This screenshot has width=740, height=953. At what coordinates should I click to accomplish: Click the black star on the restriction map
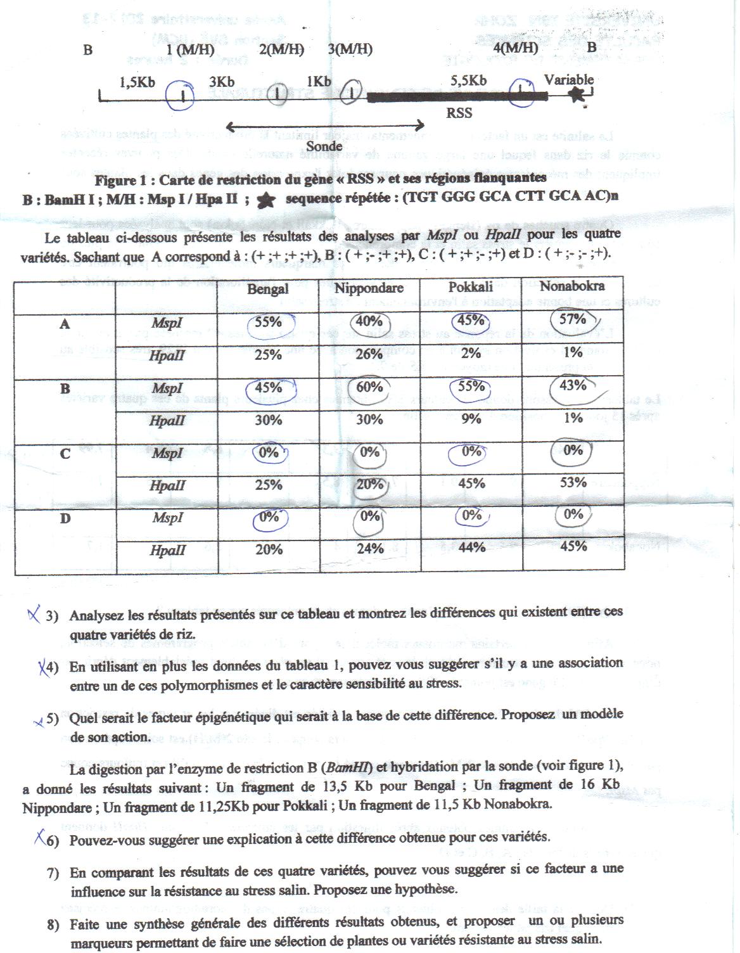point(577,95)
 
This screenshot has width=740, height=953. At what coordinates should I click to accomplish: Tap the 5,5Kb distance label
point(468,80)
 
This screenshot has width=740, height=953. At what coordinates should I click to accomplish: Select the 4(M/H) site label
point(515,48)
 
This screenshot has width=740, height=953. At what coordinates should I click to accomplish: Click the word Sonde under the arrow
point(324,146)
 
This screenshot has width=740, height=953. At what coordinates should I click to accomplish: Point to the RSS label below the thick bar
point(459,113)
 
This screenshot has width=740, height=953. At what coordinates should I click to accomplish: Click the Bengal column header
point(268,289)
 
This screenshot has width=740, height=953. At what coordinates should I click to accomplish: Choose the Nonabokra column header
point(572,286)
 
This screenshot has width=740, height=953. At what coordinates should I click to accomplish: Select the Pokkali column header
point(471,287)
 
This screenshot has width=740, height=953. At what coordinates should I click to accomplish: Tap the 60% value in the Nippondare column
point(369,387)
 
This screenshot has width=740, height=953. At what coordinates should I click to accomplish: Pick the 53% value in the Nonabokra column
point(573,482)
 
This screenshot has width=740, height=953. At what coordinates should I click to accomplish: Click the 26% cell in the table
point(369,354)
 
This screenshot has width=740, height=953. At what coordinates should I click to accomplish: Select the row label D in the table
point(65,518)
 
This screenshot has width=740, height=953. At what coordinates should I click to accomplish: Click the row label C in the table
point(65,454)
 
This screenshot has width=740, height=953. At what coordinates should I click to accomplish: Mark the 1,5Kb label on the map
point(137,83)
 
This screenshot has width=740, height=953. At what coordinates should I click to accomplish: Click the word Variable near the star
point(569,80)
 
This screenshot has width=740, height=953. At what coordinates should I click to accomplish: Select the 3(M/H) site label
point(350,49)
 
